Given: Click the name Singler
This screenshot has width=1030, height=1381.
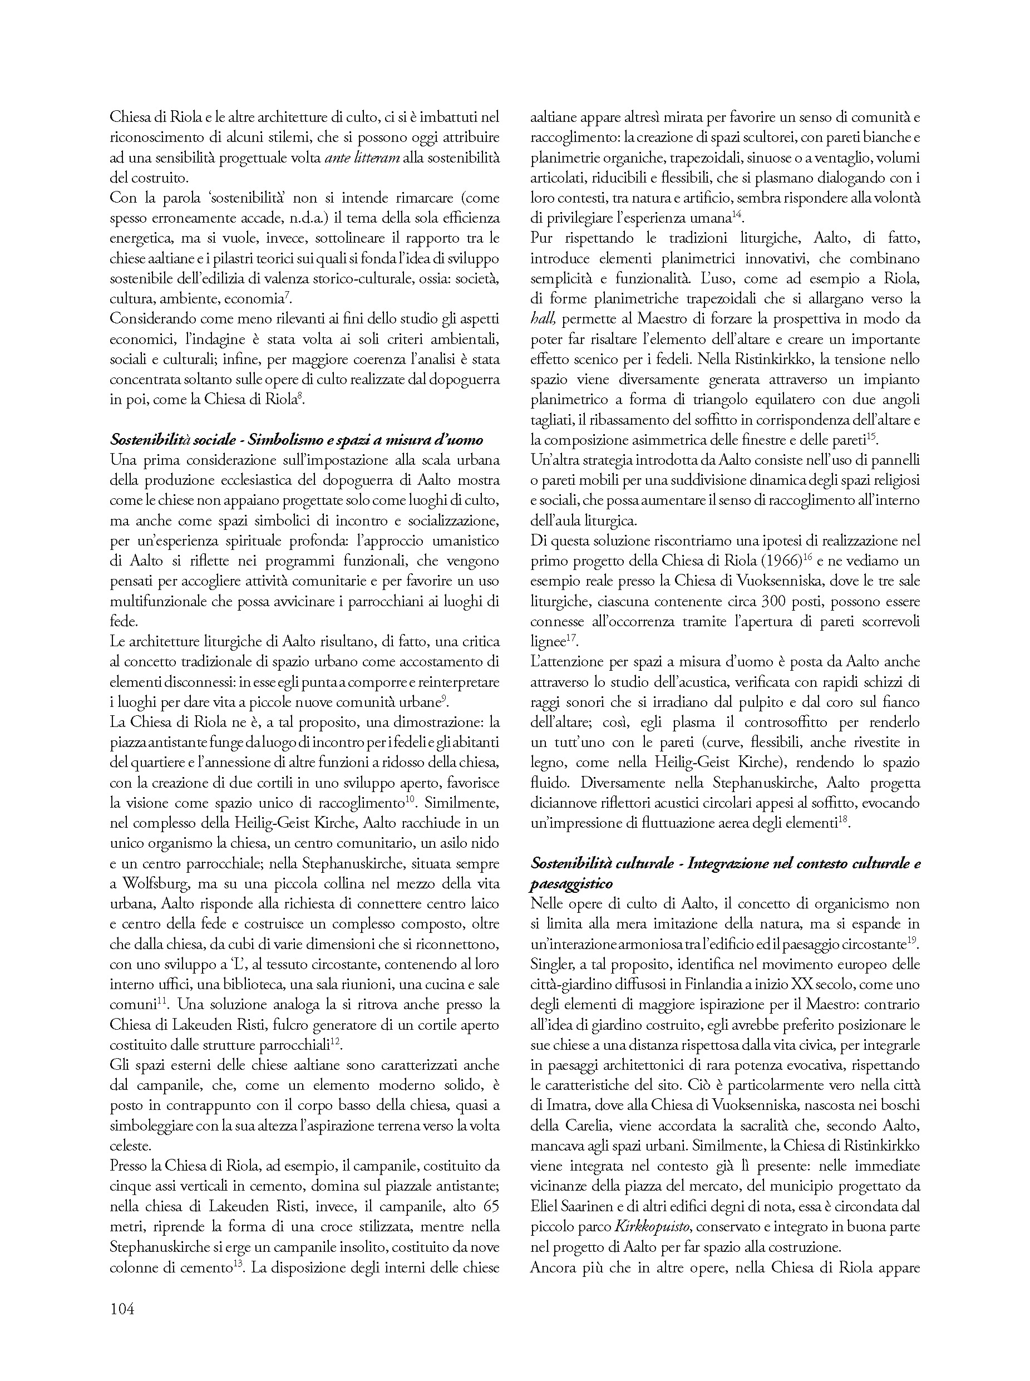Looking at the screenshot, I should coord(549,964).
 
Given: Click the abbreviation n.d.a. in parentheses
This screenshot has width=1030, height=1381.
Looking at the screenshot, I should coord(338,218).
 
